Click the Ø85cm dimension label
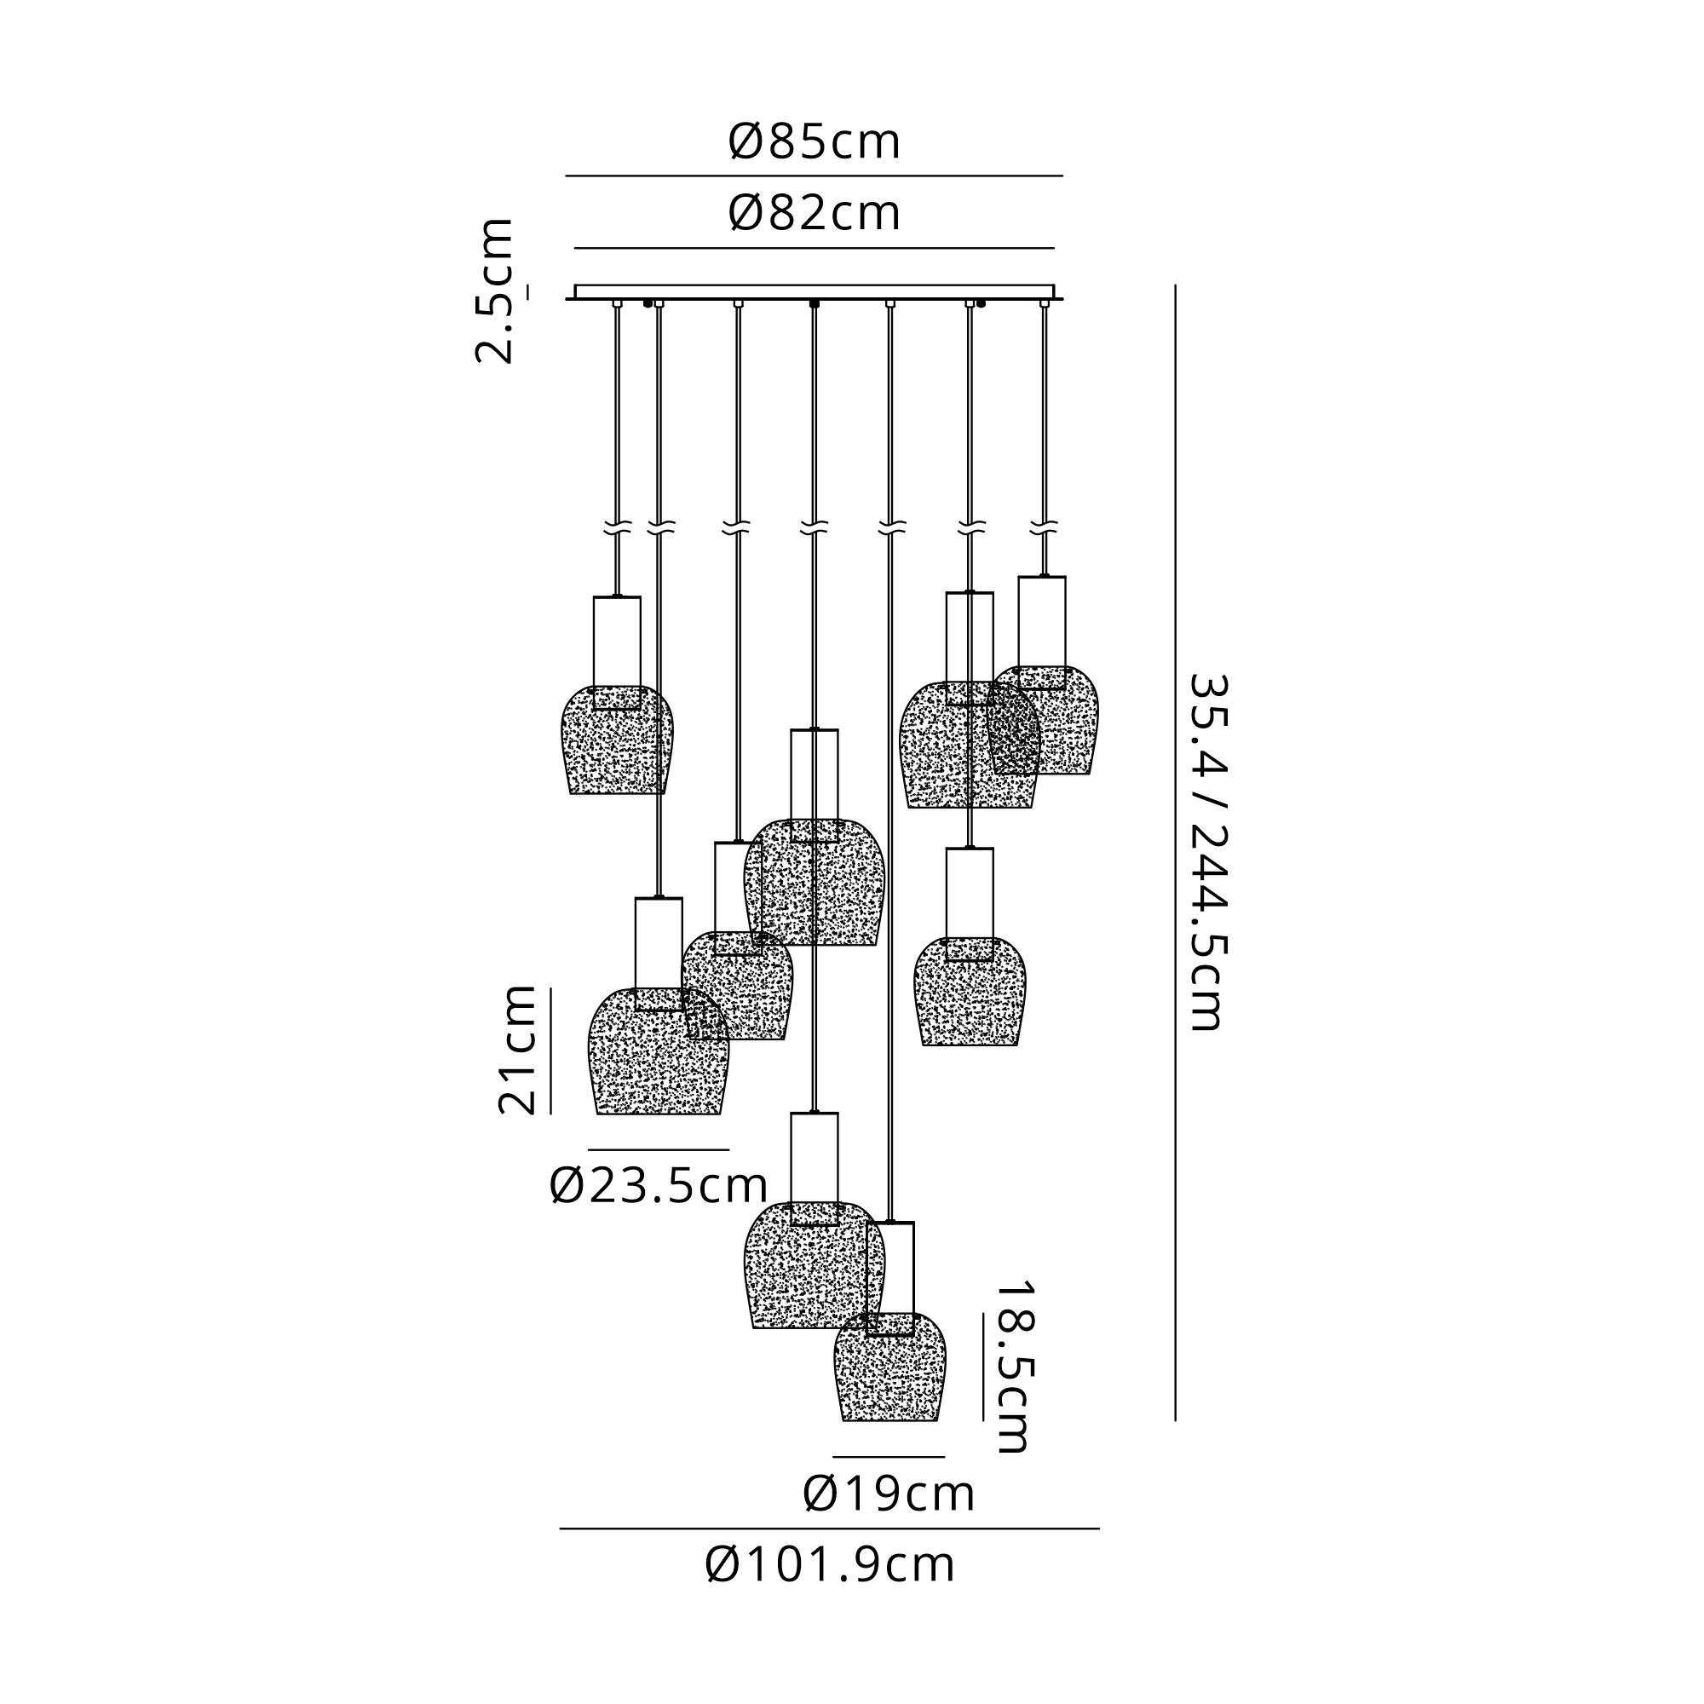tap(814, 142)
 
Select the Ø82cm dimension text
tap(814, 214)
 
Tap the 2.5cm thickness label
tap(495, 291)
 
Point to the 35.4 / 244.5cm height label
tap(1207, 852)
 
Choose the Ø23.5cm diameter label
tap(658, 1186)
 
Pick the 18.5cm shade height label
tap(1011, 1367)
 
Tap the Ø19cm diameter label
tap(889, 1494)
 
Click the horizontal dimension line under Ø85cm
tap(814, 176)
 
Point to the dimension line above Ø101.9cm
tap(829, 1528)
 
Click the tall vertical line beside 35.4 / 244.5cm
tap(1175, 852)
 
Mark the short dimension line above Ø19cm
tap(889, 1457)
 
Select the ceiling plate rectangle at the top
tap(814, 292)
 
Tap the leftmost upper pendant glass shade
tap(618, 745)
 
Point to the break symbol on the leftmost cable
tap(618, 529)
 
